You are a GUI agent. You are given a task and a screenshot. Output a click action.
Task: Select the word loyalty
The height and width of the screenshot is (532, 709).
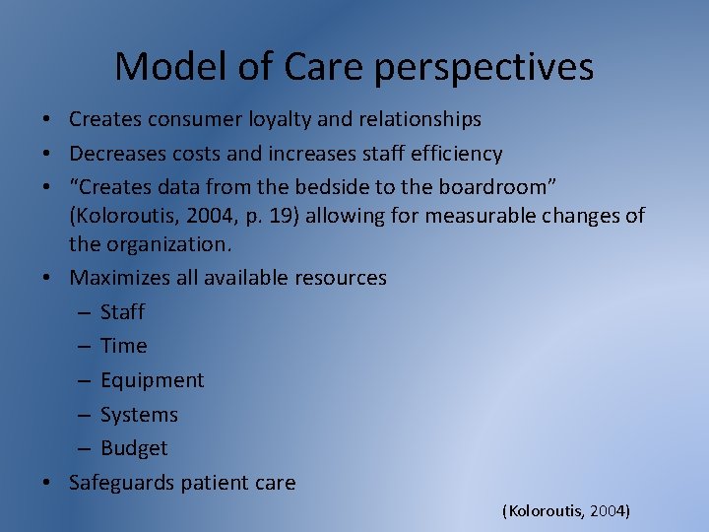click(290, 119)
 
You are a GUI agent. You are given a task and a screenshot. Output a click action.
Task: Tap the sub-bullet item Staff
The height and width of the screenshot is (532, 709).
click(122, 312)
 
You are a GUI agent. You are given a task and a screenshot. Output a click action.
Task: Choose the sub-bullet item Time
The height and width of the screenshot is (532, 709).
click(123, 346)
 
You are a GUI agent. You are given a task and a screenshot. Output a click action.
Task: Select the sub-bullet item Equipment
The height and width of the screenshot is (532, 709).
click(152, 380)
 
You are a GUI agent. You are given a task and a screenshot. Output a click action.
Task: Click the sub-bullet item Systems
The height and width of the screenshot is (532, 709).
click(139, 415)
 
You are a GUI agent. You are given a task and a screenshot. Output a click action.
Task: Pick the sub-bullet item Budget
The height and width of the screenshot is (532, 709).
click(134, 448)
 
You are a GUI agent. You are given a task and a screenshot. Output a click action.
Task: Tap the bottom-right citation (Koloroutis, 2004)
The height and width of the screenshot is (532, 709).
click(566, 511)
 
